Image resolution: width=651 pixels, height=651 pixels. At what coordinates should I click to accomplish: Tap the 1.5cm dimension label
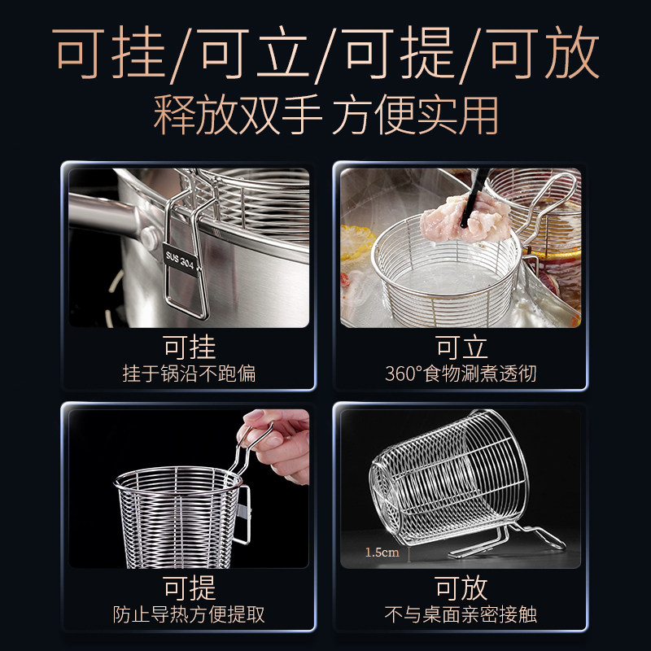[x=382, y=553]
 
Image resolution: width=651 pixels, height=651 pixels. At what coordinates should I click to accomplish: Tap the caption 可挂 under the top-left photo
[x=189, y=347]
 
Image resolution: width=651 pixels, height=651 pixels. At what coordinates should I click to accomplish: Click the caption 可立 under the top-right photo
[x=461, y=347]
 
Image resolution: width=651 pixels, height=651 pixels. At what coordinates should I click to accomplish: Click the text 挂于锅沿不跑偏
[x=189, y=374]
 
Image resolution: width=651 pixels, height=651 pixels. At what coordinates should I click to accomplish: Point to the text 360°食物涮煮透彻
[x=461, y=374]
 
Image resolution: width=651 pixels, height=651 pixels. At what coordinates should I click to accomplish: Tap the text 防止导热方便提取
[x=189, y=614]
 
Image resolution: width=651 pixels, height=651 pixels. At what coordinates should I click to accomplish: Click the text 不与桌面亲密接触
[x=461, y=614]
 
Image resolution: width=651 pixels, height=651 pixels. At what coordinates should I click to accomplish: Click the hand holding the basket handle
[x=277, y=439]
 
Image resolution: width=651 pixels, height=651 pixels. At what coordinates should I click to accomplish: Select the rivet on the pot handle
[x=149, y=237]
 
